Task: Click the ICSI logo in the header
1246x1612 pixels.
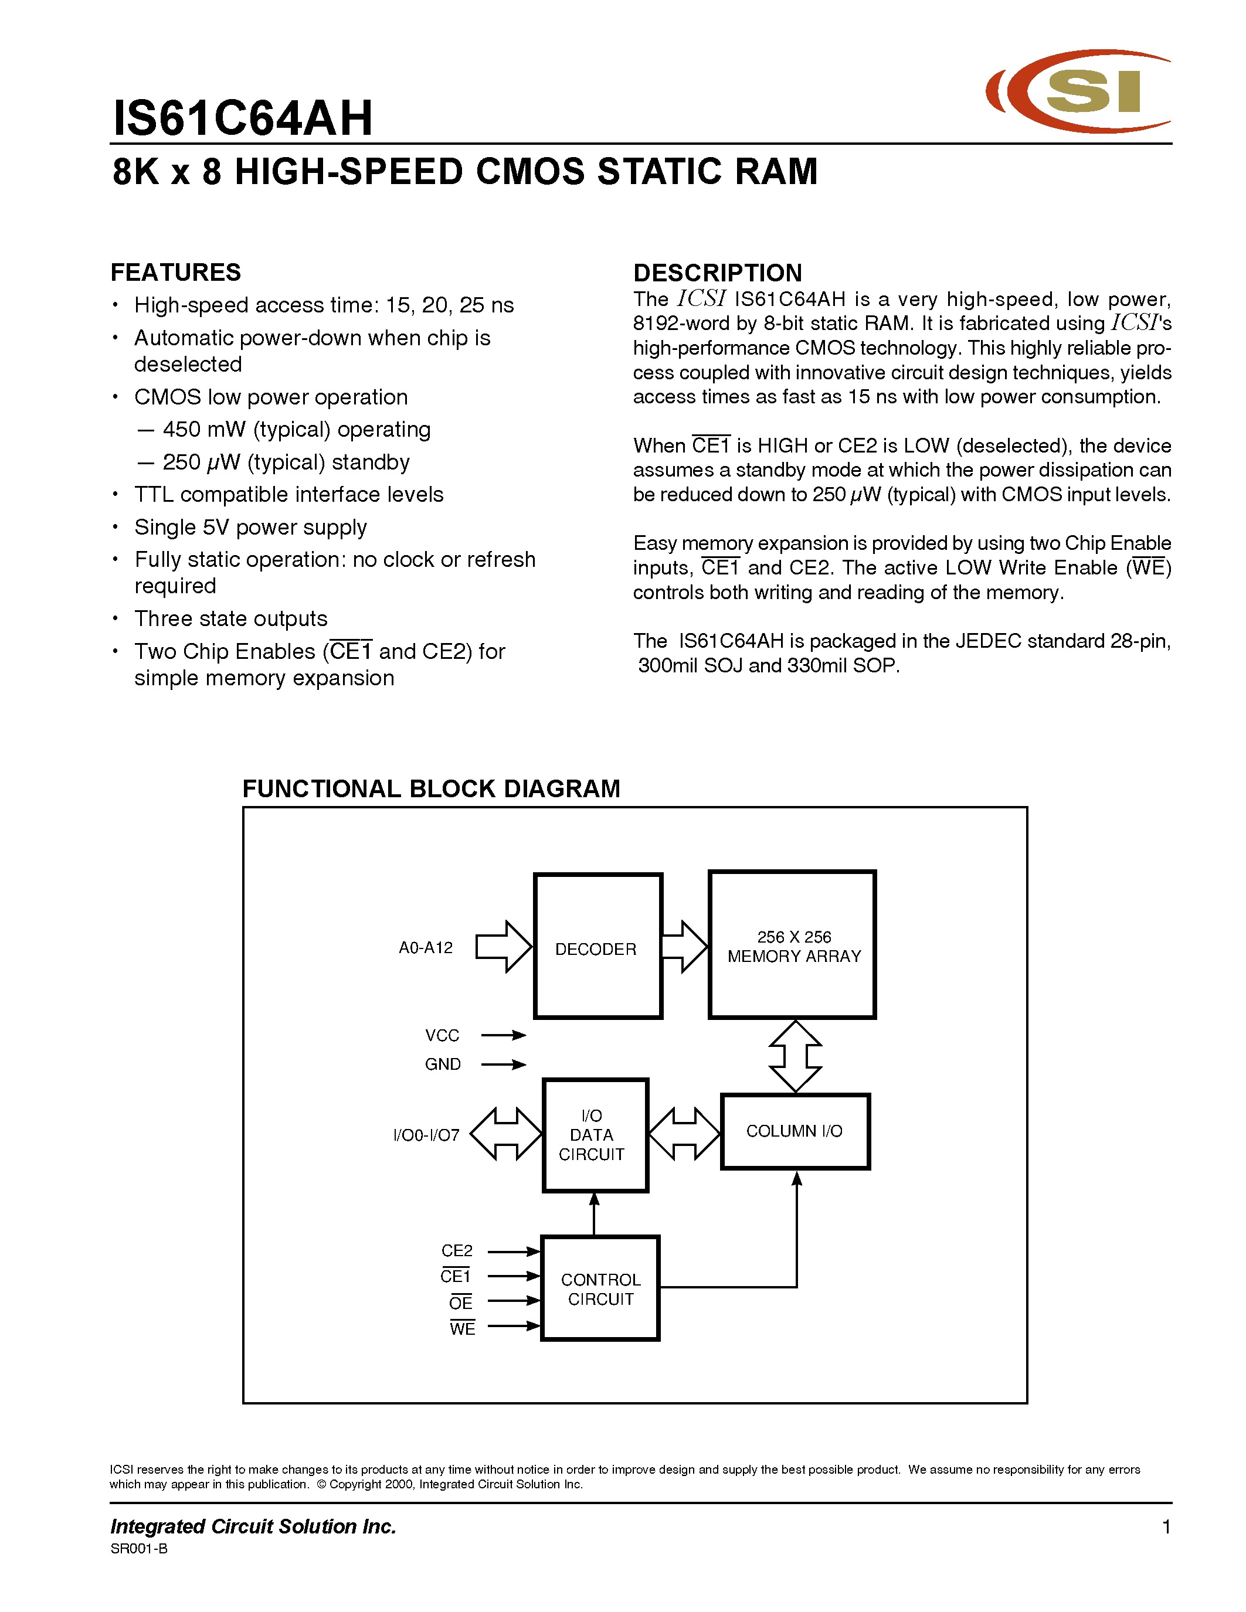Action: (x=1078, y=91)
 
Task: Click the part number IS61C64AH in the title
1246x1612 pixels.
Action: (x=243, y=118)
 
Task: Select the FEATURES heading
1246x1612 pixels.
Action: (x=176, y=273)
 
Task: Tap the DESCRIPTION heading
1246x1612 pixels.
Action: (x=718, y=273)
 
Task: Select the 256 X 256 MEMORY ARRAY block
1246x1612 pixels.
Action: (x=793, y=945)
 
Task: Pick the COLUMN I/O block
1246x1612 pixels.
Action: (x=795, y=1131)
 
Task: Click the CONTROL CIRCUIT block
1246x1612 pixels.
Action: (x=600, y=1288)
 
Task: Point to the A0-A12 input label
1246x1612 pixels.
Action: (x=426, y=948)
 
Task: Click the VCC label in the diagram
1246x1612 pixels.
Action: (x=442, y=1036)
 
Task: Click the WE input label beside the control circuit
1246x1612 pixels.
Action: (x=462, y=1328)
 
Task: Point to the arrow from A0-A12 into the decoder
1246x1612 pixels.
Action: (x=503, y=947)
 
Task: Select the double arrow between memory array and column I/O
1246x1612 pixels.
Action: (x=795, y=1056)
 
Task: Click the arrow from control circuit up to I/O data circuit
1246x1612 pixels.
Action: (x=594, y=1213)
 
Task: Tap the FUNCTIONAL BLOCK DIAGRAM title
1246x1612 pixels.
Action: (x=431, y=789)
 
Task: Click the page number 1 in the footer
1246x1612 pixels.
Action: (x=1166, y=1527)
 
